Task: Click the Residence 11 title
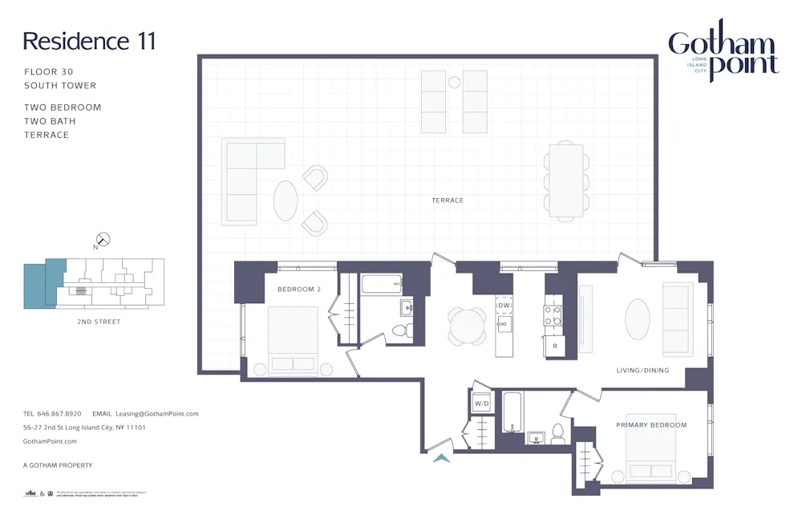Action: click(x=89, y=41)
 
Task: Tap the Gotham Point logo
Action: click(x=723, y=51)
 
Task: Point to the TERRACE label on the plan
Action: click(x=448, y=201)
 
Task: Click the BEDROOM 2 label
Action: click(x=299, y=289)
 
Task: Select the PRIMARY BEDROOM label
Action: click(x=651, y=425)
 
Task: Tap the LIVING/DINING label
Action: click(x=642, y=371)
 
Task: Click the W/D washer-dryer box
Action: click(x=482, y=403)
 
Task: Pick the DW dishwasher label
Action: click(x=504, y=306)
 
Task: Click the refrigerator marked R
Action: click(x=554, y=347)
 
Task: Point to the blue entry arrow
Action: click(x=440, y=458)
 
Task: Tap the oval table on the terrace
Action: click(x=286, y=201)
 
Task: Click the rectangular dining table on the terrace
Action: click(x=566, y=180)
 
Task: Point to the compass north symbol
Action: click(x=103, y=239)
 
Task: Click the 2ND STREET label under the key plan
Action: click(x=99, y=322)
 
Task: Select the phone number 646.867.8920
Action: click(x=59, y=414)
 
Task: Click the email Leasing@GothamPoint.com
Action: click(x=157, y=414)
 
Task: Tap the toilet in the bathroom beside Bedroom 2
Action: click(x=407, y=330)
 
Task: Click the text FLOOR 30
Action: click(x=49, y=72)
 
